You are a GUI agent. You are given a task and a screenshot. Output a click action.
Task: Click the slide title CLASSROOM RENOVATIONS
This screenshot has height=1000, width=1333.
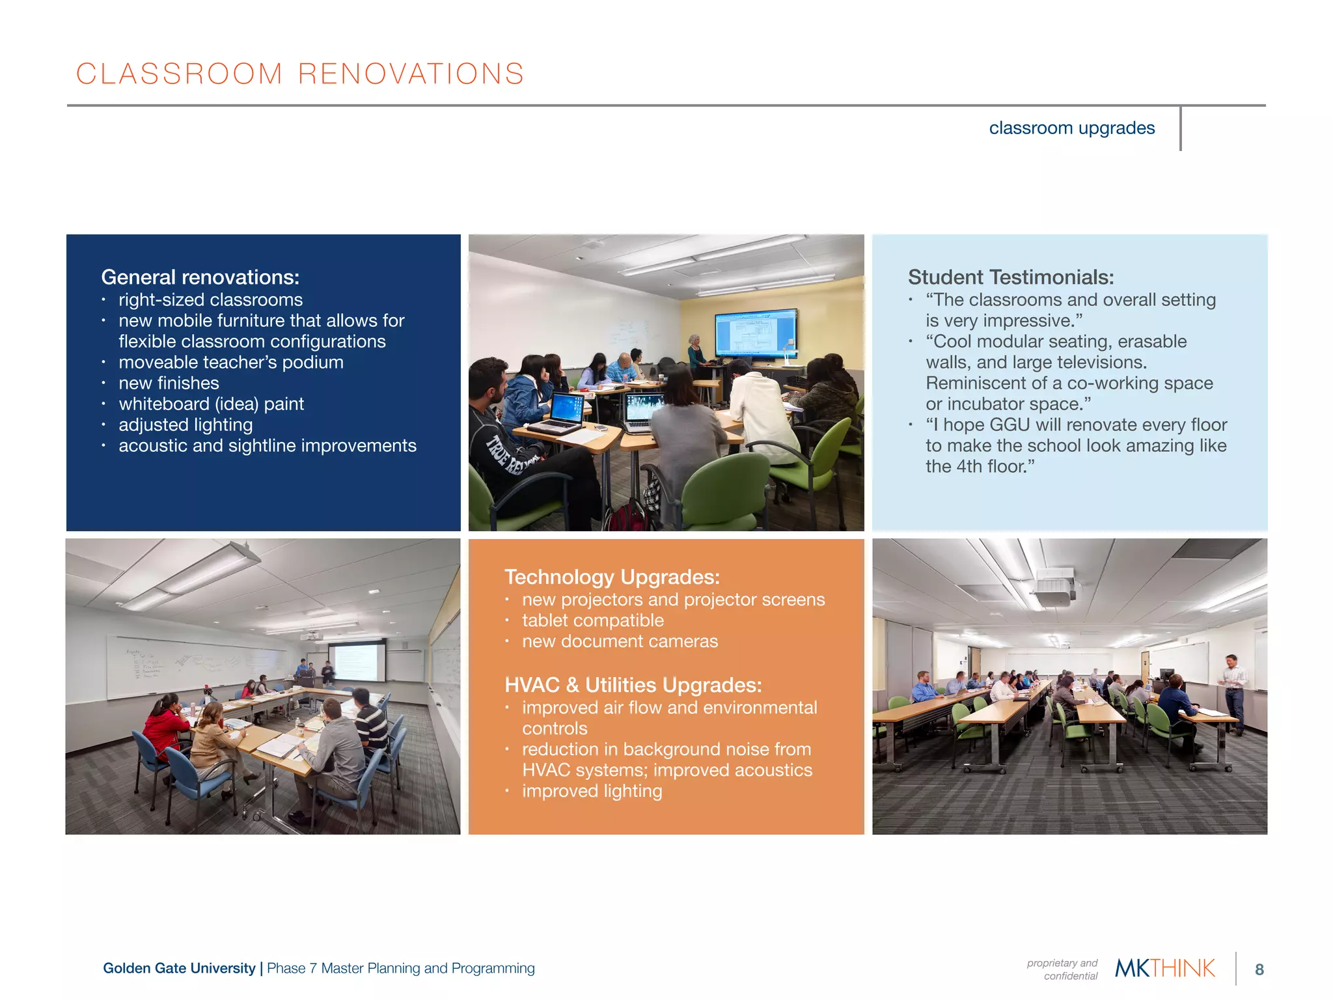[x=300, y=74]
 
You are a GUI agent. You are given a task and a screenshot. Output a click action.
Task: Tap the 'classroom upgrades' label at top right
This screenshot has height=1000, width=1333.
[x=1071, y=128]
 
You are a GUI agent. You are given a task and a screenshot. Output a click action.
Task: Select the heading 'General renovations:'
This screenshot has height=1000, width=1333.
[x=200, y=277]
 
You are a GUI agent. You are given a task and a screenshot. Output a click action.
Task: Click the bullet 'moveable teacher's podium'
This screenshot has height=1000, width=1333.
[x=230, y=363]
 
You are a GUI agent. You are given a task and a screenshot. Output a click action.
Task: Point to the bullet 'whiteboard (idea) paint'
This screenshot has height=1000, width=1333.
[x=211, y=404]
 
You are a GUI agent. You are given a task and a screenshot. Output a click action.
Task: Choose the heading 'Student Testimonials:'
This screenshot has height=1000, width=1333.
[x=1010, y=277]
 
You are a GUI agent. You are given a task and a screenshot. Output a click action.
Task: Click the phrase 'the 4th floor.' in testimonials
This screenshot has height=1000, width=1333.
[x=980, y=467]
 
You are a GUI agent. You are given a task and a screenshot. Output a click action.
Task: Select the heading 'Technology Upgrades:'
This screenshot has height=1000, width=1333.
[x=612, y=577]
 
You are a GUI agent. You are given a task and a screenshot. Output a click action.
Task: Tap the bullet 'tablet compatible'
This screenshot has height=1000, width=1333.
[x=592, y=620]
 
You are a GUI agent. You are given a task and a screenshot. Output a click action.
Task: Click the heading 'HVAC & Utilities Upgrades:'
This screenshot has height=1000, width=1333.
[x=633, y=685]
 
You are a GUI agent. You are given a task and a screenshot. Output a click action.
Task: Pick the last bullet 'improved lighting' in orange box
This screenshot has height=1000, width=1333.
[x=592, y=791]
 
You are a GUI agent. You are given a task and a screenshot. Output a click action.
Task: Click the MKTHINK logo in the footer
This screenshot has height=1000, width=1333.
[x=1164, y=968]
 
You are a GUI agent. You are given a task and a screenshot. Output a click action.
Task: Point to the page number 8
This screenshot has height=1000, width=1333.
[x=1259, y=969]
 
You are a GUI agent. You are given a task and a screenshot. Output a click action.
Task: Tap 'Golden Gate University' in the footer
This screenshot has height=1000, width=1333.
[x=179, y=968]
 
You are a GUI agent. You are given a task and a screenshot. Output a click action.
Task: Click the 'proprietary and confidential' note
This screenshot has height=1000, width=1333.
[x=1063, y=969]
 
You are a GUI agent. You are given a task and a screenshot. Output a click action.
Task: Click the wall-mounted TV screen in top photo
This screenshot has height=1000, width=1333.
[x=755, y=333]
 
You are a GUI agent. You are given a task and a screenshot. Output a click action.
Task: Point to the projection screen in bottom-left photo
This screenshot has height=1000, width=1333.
[x=355, y=662]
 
